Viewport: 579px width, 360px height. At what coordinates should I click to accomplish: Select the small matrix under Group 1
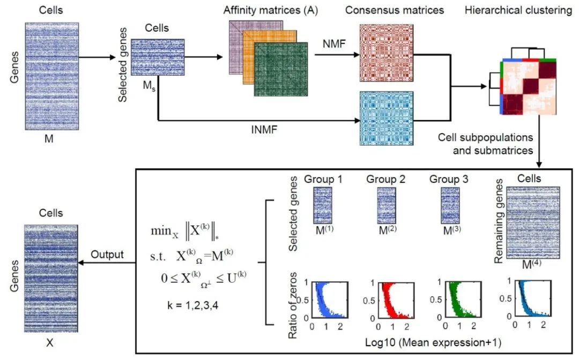click(x=323, y=205)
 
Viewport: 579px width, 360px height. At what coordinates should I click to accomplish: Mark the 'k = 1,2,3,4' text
click(x=185, y=306)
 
